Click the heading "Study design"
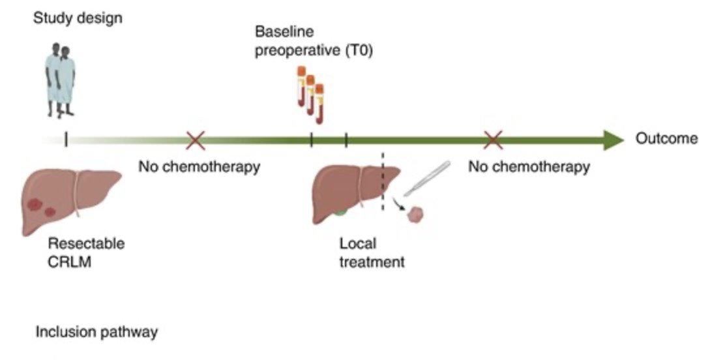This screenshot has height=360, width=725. pyautogui.click(x=78, y=18)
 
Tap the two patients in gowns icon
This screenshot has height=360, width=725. pyautogui.click(x=60, y=80)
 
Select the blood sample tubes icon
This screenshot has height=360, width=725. pyautogui.click(x=311, y=95)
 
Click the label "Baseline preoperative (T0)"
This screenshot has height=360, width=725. pyautogui.click(x=314, y=40)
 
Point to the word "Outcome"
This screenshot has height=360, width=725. pyautogui.click(x=667, y=138)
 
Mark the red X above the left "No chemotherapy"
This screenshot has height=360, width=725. pyautogui.click(x=196, y=140)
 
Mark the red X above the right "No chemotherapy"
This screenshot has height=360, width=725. pyautogui.click(x=494, y=140)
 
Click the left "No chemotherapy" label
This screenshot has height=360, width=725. pyautogui.click(x=200, y=166)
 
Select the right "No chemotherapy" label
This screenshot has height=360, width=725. pyautogui.click(x=529, y=166)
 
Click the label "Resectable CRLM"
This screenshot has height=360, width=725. pyautogui.click(x=86, y=252)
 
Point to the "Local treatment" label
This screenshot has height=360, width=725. pyautogui.click(x=372, y=252)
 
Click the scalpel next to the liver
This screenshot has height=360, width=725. pyautogui.click(x=427, y=178)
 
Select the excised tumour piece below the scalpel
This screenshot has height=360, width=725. pyautogui.click(x=415, y=215)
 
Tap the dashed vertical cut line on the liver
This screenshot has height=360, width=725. pyautogui.click(x=382, y=181)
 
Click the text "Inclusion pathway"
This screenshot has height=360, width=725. pyautogui.click(x=96, y=332)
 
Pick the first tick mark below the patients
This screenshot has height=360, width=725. pyautogui.click(x=66, y=140)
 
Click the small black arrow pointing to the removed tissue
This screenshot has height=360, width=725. pyautogui.click(x=397, y=203)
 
